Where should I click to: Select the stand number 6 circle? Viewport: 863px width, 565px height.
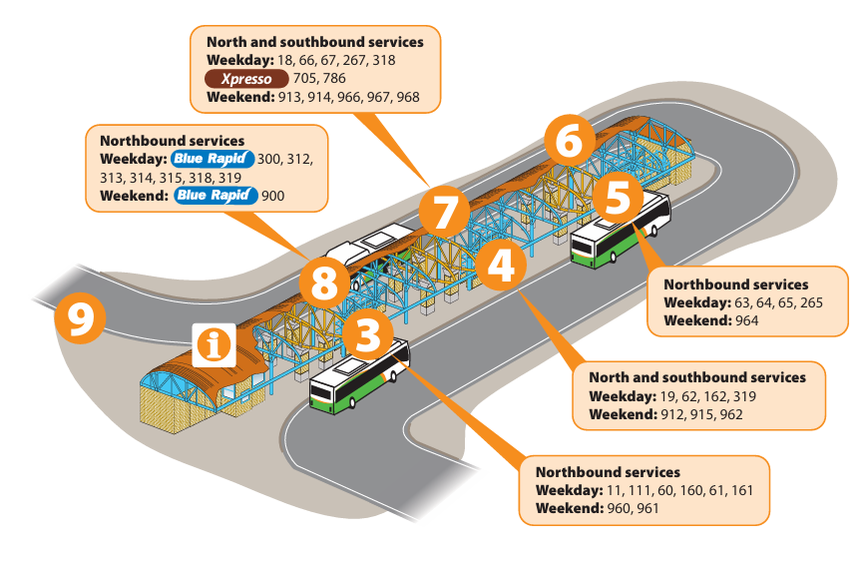pyautogui.click(x=567, y=142)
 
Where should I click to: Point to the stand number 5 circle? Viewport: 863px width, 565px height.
pyautogui.click(x=618, y=197)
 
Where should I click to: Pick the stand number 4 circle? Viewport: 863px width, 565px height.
pyautogui.click(x=501, y=265)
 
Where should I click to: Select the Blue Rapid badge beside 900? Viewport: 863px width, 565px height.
pyautogui.click(x=216, y=196)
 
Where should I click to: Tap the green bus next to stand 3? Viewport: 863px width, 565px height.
pyautogui.click(x=359, y=378)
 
